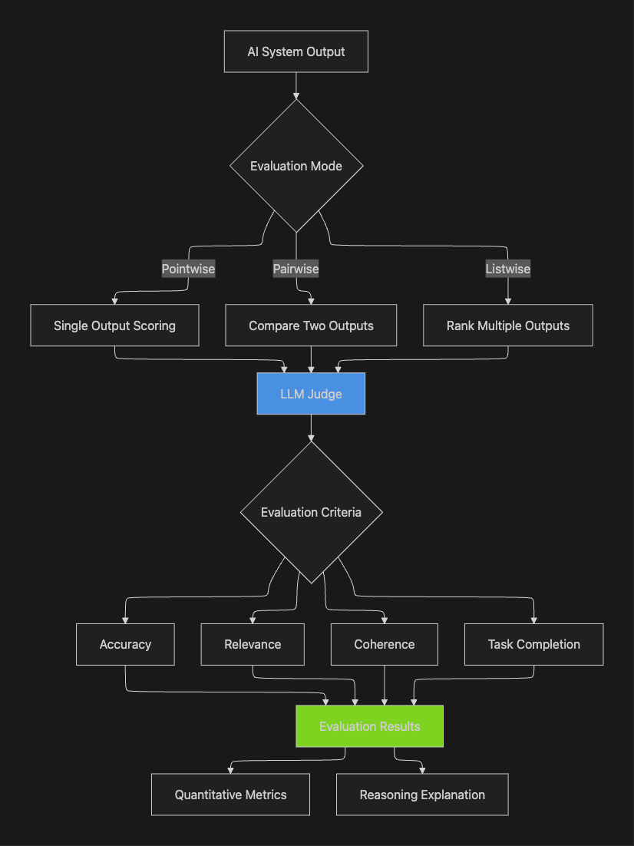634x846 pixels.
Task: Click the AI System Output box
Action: click(296, 51)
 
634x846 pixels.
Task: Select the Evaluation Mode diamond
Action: click(296, 166)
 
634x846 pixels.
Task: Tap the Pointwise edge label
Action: click(188, 269)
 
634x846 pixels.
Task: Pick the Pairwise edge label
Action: click(296, 269)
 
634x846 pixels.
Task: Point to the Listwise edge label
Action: click(507, 269)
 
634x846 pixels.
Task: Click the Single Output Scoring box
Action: click(114, 326)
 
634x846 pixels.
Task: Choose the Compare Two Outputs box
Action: click(311, 326)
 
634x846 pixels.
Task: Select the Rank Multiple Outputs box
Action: click(507, 326)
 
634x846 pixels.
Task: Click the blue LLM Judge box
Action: click(311, 394)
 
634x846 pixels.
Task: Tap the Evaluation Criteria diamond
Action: click(311, 512)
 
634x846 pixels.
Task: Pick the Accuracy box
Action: click(125, 644)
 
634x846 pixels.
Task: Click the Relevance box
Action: click(253, 644)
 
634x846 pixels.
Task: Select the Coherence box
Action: click(385, 644)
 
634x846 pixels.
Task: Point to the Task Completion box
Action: click(533, 644)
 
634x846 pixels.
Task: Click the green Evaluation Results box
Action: click(369, 726)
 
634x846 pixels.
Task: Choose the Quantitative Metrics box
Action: click(230, 795)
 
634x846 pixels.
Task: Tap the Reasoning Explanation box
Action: click(422, 795)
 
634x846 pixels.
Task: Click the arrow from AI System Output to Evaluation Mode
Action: click(296, 85)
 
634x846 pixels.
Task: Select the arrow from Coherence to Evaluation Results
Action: click(385, 685)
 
